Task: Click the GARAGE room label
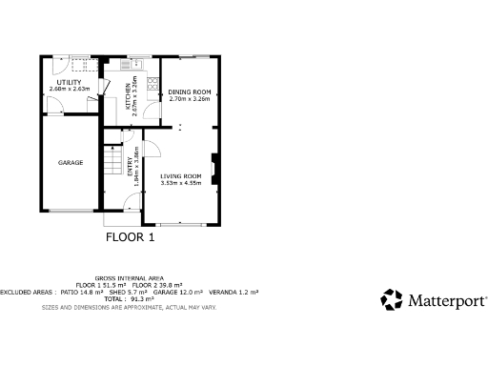[x=71, y=163]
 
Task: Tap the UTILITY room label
[x=69, y=82]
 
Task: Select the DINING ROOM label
[x=189, y=91]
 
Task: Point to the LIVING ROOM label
[x=181, y=176]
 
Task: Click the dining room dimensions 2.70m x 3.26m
[x=189, y=98]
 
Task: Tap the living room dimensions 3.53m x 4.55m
[x=181, y=183]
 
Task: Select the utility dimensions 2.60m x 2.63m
[x=69, y=89]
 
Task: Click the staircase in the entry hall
[x=114, y=163]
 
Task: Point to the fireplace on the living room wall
[x=214, y=169]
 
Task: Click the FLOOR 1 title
[x=130, y=238]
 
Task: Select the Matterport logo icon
[x=392, y=299]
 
